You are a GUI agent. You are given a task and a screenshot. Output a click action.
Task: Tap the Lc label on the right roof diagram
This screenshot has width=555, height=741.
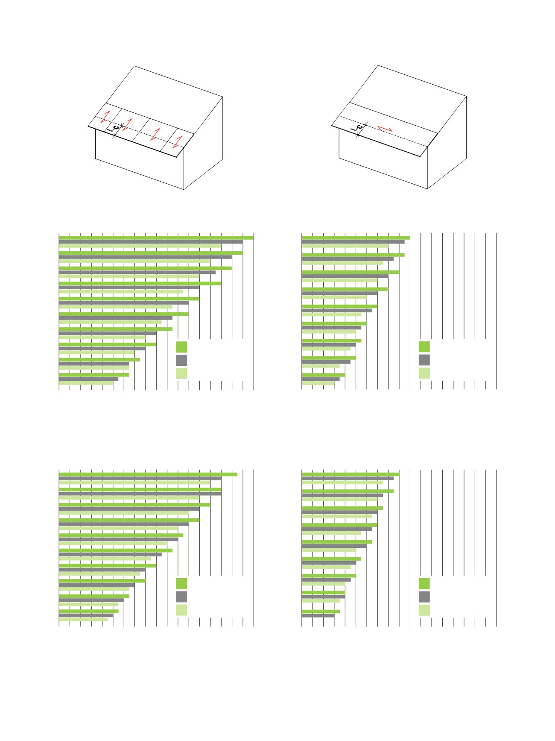click(357, 127)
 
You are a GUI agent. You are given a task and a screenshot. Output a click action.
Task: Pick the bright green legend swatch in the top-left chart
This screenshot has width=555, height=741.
click(181, 347)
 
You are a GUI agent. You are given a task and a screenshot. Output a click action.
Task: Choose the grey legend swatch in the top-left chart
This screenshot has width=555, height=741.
click(181, 360)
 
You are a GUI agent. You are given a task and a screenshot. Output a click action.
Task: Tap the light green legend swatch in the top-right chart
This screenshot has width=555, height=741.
click(424, 373)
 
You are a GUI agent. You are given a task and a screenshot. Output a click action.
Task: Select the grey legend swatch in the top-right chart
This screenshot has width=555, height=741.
click(424, 360)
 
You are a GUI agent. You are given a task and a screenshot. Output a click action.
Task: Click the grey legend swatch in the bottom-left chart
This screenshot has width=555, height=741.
click(181, 597)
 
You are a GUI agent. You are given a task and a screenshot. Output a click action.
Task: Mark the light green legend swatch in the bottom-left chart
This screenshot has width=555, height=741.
click(181, 610)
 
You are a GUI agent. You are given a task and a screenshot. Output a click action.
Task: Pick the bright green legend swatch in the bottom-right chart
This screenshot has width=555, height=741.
click(424, 584)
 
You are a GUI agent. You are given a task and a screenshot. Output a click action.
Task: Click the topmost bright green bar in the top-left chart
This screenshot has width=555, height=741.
click(156, 238)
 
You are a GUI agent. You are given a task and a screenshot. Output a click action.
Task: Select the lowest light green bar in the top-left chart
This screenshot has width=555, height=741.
click(86, 383)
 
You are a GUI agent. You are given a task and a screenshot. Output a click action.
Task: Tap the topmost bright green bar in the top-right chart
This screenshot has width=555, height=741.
click(356, 238)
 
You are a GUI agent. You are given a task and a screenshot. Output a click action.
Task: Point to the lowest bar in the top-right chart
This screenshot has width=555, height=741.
click(318, 383)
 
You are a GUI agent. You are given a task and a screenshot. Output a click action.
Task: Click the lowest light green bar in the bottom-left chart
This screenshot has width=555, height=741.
click(83, 619)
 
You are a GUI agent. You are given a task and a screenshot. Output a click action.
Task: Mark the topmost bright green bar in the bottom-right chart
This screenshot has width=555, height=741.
click(351, 474)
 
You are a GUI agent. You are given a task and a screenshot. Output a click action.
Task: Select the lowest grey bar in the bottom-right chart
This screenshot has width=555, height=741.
click(318, 616)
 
